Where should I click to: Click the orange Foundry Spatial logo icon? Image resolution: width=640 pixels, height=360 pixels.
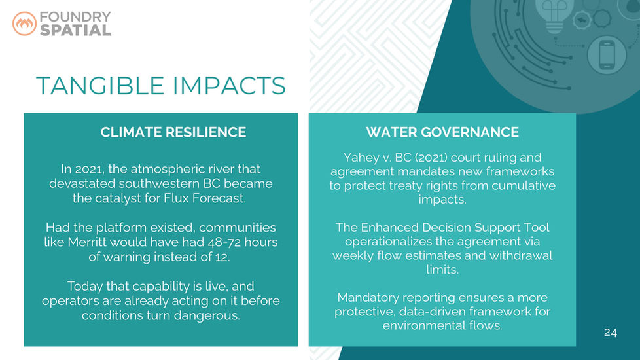coord(24,24)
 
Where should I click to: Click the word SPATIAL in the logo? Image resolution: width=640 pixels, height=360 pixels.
coord(75,30)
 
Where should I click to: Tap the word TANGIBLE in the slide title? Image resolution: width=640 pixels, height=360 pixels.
coord(100,86)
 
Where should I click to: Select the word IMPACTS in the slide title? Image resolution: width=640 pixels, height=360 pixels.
coord(229,86)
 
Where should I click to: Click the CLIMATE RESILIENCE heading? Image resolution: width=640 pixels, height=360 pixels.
coord(173,132)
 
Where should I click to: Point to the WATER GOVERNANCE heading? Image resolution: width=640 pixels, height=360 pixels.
coord(442,132)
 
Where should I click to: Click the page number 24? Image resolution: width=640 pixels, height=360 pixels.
coord(610,333)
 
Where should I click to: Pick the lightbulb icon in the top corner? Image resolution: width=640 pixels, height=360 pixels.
coord(554,16)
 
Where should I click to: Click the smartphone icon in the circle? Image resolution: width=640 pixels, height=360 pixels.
coord(607,55)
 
